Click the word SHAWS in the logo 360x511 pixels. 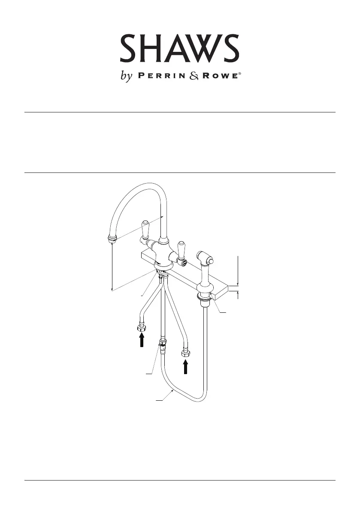click(x=179, y=48)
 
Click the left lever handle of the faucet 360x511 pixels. click(x=144, y=230)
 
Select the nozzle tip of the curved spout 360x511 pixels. click(x=112, y=239)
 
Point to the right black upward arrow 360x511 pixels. click(x=186, y=367)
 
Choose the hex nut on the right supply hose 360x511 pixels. click(x=186, y=354)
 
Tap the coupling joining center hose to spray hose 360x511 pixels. click(x=162, y=343)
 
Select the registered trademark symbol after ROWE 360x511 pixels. click(x=240, y=74)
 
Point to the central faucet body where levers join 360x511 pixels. click(x=164, y=249)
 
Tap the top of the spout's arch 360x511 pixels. click(x=146, y=185)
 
